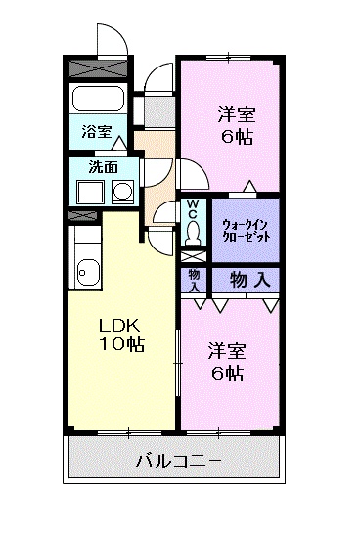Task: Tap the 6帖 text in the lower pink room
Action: pyautogui.click(x=225, y=373)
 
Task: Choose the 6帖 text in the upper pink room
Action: pyautogui.click(x=235, y=137)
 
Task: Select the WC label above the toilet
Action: pyautogui.click(x=193, y=209)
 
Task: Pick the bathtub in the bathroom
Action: pyautogui.click(x=99, y=99)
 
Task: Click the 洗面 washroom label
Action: pyautogui.click(x=101, y=167)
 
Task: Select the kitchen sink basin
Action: pyautogui.click(x=86, y=268)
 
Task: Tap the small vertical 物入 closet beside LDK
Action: pyautogui.click(x=193, y=280)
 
